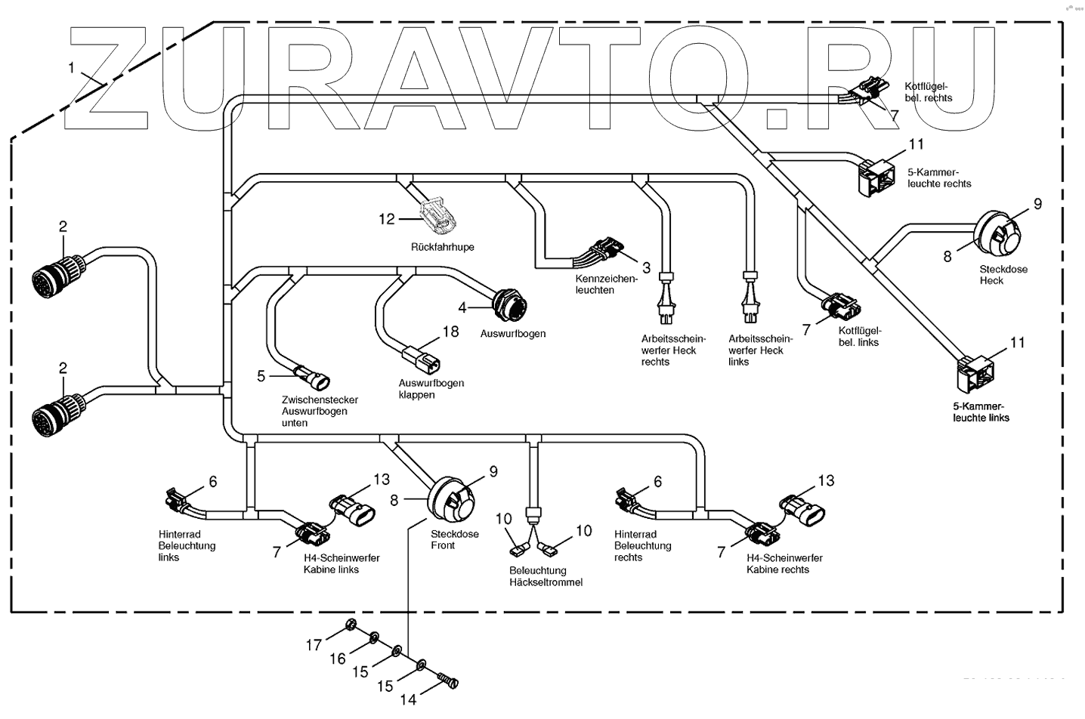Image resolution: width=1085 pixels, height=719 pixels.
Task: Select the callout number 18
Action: (x=450, y=332)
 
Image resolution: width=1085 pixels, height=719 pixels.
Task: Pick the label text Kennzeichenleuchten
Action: (x=606, y=284)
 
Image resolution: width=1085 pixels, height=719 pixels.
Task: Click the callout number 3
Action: (x=646, y=267)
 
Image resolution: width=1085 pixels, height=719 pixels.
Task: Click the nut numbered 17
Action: (x=350, y=625)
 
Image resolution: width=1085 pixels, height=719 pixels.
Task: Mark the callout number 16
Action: (x=338, y=659)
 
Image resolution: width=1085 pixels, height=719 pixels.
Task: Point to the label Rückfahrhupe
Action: (x=442, y=247)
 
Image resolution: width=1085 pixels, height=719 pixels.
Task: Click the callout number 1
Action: (x=71, y=67)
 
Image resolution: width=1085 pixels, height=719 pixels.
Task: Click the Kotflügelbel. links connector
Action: (x=841, y=307)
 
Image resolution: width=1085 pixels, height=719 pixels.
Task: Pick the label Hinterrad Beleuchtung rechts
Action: (x=642, y=545)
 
